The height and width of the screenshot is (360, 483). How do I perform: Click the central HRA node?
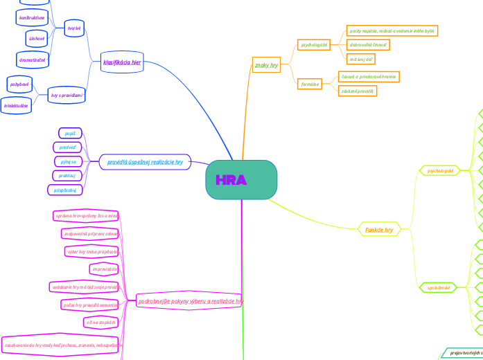[x=241, y=180]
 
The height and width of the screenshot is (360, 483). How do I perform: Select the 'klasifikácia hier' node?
[x=122, y=62]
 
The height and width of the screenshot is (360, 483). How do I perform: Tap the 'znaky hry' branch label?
[x=266, y=65]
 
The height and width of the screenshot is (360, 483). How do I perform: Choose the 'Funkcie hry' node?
[x=379, y=230]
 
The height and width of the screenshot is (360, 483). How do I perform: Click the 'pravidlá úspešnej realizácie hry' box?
[x=145, y=162]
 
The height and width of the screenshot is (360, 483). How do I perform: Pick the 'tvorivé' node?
[x=73, y=28]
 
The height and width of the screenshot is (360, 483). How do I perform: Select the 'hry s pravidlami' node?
[x=67, y=96]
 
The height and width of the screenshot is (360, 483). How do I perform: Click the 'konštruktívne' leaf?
[x=32, y=17]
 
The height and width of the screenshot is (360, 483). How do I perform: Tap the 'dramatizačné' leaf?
[x=33, y=60]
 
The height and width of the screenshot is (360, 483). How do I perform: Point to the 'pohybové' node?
[x=19, y=84]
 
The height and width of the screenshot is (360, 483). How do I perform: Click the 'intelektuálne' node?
[x=16, y=106]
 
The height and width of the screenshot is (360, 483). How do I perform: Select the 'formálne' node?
[x=310, y=84]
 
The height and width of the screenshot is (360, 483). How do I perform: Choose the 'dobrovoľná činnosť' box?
[x=368, y=44]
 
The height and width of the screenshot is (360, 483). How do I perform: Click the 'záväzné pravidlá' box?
[x=358, y=91]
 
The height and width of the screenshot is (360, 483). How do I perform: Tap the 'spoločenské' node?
[x=439, y=287]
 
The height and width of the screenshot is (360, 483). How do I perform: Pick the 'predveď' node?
[x=68, y=147]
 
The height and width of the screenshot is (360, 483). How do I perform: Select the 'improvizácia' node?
[x=105, y=269]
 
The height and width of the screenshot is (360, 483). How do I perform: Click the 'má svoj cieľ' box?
[x=360, y=60]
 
